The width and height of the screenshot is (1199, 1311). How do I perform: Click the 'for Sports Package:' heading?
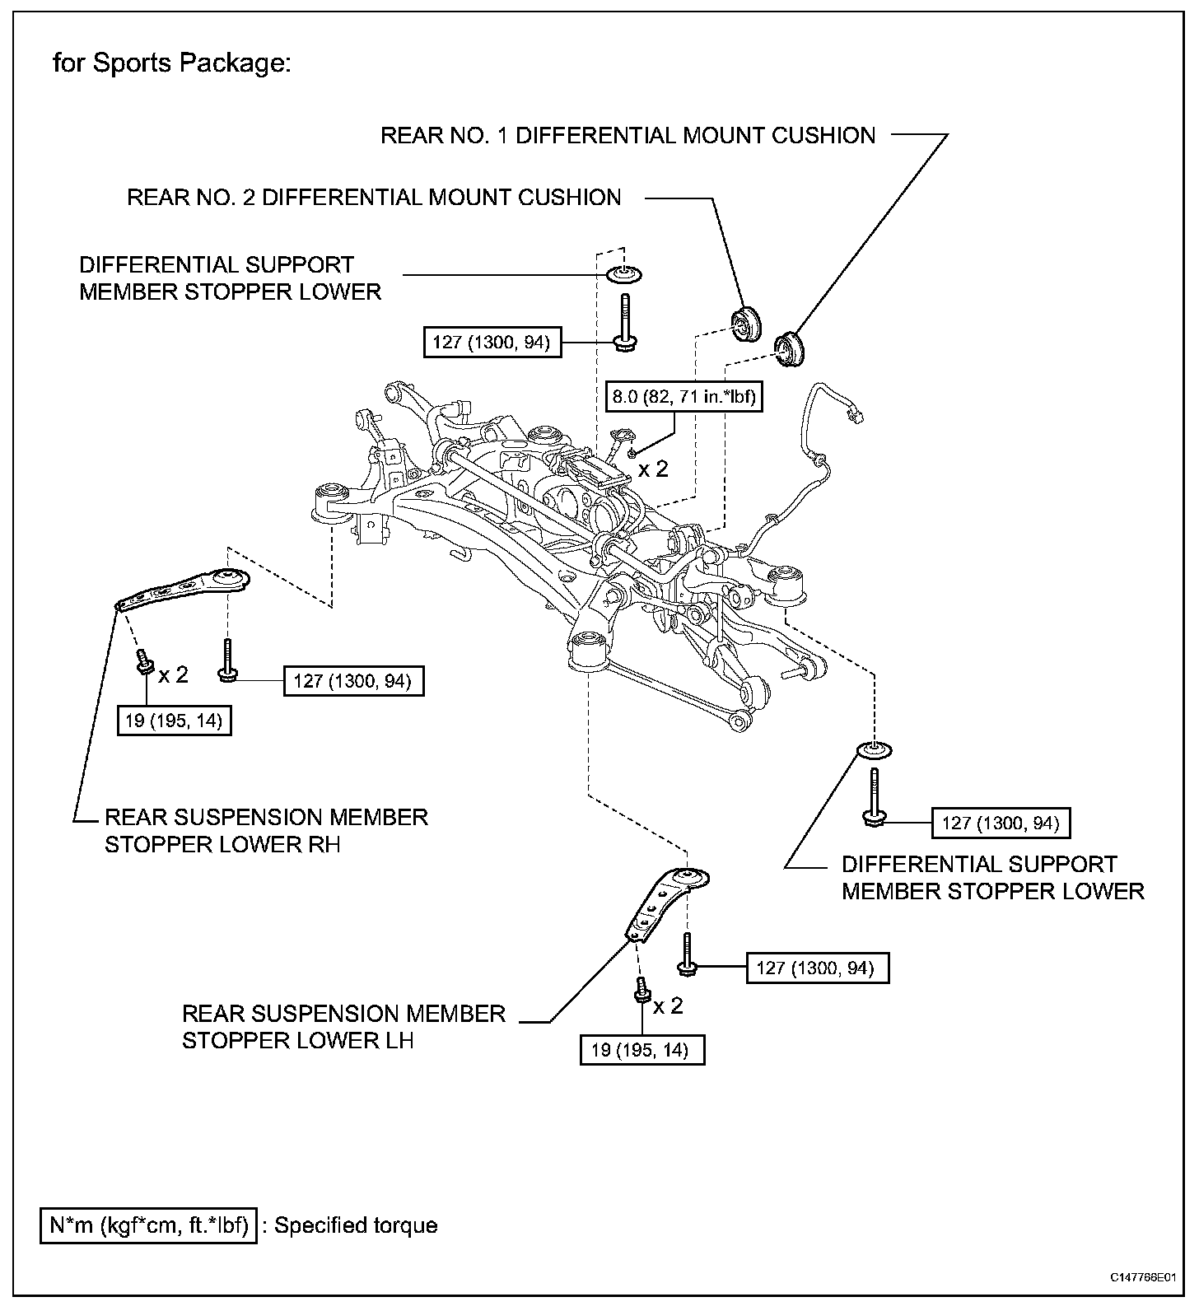171,63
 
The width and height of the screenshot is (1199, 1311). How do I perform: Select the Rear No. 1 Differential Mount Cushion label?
627,135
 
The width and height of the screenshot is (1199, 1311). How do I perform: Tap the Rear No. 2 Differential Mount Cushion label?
374,198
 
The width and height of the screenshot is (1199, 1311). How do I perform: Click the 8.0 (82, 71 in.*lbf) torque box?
683,398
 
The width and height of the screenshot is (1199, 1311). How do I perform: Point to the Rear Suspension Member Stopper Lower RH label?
266,831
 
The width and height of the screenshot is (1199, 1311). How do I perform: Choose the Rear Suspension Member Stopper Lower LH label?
343,1027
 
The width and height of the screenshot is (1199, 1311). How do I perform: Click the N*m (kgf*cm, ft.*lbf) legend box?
148,1225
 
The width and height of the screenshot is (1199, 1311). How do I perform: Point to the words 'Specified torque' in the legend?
356,1225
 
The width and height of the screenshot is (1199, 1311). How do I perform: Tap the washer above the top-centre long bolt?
625,274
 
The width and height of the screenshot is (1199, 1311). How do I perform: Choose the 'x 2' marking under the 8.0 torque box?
654,469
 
